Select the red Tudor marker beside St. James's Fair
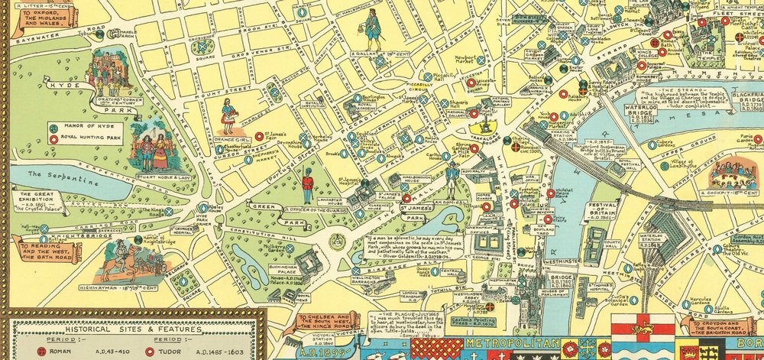point(260,136)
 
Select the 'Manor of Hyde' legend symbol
point(53,126)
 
